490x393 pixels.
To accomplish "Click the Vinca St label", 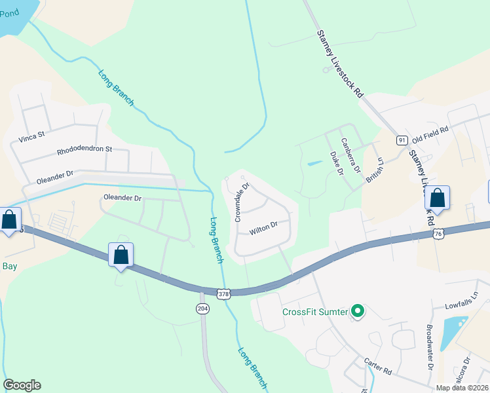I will point(31,136).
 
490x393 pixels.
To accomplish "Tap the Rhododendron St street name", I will point(85,149).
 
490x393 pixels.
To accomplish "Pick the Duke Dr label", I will point(336,163).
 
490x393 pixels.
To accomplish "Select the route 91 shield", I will point(402,140).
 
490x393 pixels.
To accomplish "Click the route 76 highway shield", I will point(438,233).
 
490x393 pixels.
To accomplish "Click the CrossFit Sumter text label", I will point(314,312).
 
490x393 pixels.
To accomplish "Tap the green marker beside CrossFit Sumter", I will point(357,311).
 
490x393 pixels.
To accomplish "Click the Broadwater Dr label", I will point(430,346).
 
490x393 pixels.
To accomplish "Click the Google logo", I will point(22,385).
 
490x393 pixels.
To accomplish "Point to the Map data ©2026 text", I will point(462,388).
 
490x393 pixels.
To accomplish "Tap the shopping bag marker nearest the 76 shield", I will point(437,199).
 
